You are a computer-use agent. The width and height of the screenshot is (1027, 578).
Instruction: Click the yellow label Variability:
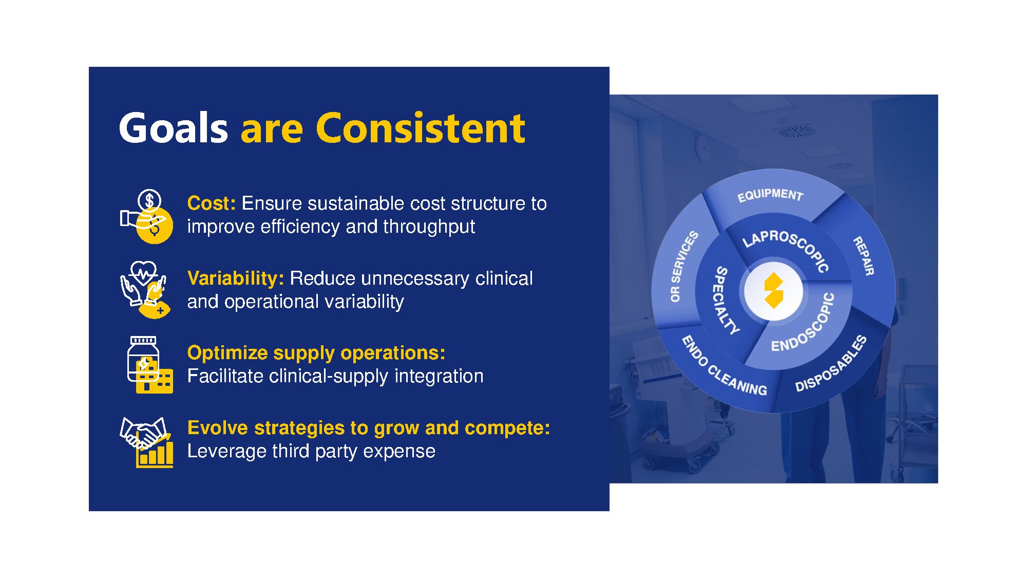(236, 278)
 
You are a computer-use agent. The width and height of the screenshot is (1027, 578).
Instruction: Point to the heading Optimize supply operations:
(316, 353)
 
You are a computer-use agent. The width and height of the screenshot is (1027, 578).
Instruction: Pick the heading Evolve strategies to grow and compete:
(369, 428)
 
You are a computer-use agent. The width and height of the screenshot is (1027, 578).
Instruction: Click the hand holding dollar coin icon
(147, 216)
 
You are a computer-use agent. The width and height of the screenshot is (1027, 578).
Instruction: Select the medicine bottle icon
(149, 365)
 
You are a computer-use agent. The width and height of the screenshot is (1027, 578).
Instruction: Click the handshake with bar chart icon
(146, 442)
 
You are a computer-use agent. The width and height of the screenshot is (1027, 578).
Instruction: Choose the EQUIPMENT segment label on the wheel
(770, 195)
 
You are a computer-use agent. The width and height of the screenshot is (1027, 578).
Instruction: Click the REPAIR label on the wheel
(864, 256)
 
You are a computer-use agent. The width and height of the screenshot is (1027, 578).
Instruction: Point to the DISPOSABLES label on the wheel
(831, 364)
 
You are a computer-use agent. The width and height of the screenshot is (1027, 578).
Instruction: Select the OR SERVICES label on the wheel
(684, 266)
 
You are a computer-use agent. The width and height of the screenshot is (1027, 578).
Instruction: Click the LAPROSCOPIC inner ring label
(786, 250)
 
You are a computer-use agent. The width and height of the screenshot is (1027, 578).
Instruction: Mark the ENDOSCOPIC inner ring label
(804, 323)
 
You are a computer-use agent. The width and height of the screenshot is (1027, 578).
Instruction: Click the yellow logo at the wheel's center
(773, 291)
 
